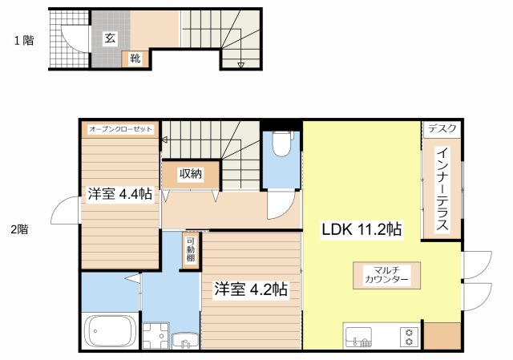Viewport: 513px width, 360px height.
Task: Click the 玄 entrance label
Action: (x=110, y=38)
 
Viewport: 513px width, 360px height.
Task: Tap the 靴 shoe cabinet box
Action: (x=135, y=59)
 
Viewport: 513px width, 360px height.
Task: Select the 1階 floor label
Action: (x=24, y=40)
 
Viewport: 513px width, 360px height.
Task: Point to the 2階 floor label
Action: (x=19, y=229)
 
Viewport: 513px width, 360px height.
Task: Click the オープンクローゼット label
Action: (x=121, y=129)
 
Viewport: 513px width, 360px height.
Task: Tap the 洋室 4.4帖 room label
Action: (x=119, y=194)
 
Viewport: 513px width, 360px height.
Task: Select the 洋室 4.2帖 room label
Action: (x=251, y=289)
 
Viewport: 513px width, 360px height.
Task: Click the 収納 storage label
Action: (x=191, y=175)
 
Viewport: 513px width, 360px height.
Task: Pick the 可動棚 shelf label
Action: (x=191, y=249)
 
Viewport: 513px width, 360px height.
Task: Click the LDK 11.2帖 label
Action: (x=362, y=229)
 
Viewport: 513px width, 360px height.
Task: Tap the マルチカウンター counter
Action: (x=386, y=276)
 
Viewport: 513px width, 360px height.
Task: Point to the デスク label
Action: (x=442, y=128)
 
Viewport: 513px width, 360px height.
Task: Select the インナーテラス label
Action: (x=442, y=189)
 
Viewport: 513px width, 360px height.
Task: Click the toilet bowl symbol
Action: (x=281, y=144)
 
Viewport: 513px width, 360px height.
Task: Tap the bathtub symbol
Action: (x=111, y=330)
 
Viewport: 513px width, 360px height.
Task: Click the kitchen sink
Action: (x=358, y=337)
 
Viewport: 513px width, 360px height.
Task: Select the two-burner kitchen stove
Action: (x=410, y=337)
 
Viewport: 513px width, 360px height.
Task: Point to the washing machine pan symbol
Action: (x=156, y=336)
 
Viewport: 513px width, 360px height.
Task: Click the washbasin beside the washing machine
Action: (x=185, y=341)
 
